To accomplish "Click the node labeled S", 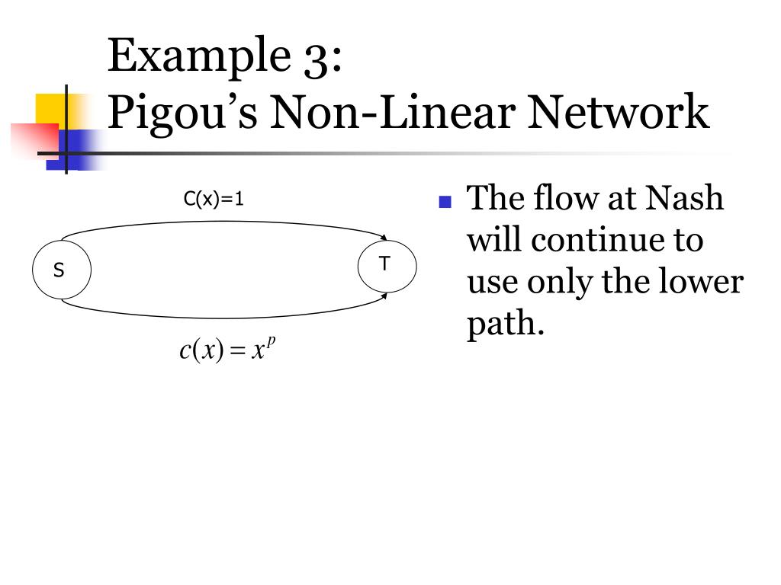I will coord(61,270).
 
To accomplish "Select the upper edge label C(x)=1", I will coord(214,200).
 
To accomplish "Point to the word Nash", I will coord(684,198).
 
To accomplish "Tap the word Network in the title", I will coord(619,112).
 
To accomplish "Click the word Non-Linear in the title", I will coord(394,112).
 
